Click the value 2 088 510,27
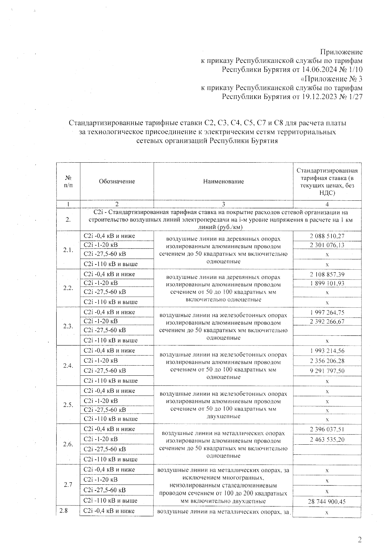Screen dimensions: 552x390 tap(327, 236)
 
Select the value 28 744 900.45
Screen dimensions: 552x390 tap(327, 502)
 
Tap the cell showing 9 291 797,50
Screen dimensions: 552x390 tap(327, 371)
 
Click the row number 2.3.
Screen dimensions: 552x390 tap(68, 326)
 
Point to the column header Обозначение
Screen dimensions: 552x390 tap(117, 182)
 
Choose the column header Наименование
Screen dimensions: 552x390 tap(223, 182)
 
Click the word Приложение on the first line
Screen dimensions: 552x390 tap(341, 52)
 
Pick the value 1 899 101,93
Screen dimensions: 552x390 tap(327, 283)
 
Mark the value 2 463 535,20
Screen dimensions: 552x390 tap(327, 440)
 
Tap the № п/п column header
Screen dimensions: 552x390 tap(68, 182)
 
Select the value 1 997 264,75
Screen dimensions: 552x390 tap(327, 313)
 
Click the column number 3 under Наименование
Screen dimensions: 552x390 tap(223, 204)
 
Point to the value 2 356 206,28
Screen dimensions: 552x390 tap(327, 361)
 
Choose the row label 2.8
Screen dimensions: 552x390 tap(64, 511)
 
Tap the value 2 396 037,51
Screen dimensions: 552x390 tap(327, 429)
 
